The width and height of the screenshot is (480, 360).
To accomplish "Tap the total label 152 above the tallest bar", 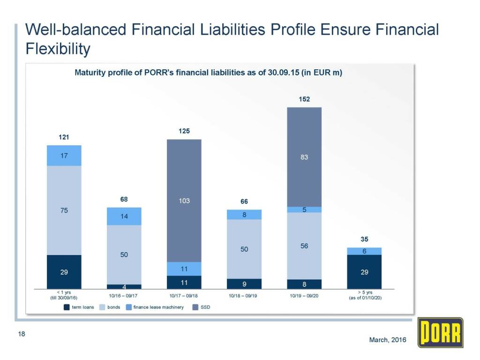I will click(304, 99).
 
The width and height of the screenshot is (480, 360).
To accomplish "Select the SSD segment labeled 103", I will click(184, 201).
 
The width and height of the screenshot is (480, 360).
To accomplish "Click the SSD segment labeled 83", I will click(304, 157).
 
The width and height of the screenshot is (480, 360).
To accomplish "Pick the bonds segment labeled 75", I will click(64, 210).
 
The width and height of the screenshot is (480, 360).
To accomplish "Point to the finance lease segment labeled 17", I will click(64, 156).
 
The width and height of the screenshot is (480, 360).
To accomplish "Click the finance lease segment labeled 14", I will click(124, 217).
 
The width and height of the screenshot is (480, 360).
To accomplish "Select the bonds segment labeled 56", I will click(304, 246).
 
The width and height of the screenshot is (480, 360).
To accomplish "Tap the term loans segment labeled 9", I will click(244, 284).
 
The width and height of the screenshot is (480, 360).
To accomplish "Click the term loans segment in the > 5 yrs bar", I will click(364, 272).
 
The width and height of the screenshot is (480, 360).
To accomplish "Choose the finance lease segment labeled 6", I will click(364, 251).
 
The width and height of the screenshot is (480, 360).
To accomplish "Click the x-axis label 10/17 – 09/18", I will click(184, 296).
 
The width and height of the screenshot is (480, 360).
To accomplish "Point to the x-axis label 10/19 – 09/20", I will click(304, 296).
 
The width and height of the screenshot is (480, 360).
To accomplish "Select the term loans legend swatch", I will click(66, 307).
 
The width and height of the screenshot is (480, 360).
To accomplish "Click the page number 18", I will click(21, 334).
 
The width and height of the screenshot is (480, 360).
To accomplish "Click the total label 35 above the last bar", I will click(364, 239).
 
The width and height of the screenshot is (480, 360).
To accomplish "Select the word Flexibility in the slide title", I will click(57, 48).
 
